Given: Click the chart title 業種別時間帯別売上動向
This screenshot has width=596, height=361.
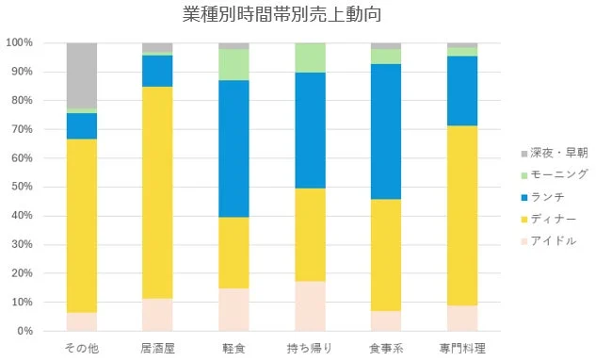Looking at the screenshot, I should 282,15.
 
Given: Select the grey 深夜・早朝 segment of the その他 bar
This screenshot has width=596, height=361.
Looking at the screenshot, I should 82,75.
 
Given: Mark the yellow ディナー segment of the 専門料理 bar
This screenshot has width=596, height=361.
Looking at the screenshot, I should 462,216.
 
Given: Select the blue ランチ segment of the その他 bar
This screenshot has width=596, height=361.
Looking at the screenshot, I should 82,126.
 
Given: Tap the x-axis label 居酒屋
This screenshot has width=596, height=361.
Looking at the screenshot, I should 157,349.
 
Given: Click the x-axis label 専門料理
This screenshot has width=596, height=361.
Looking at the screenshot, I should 462,349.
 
